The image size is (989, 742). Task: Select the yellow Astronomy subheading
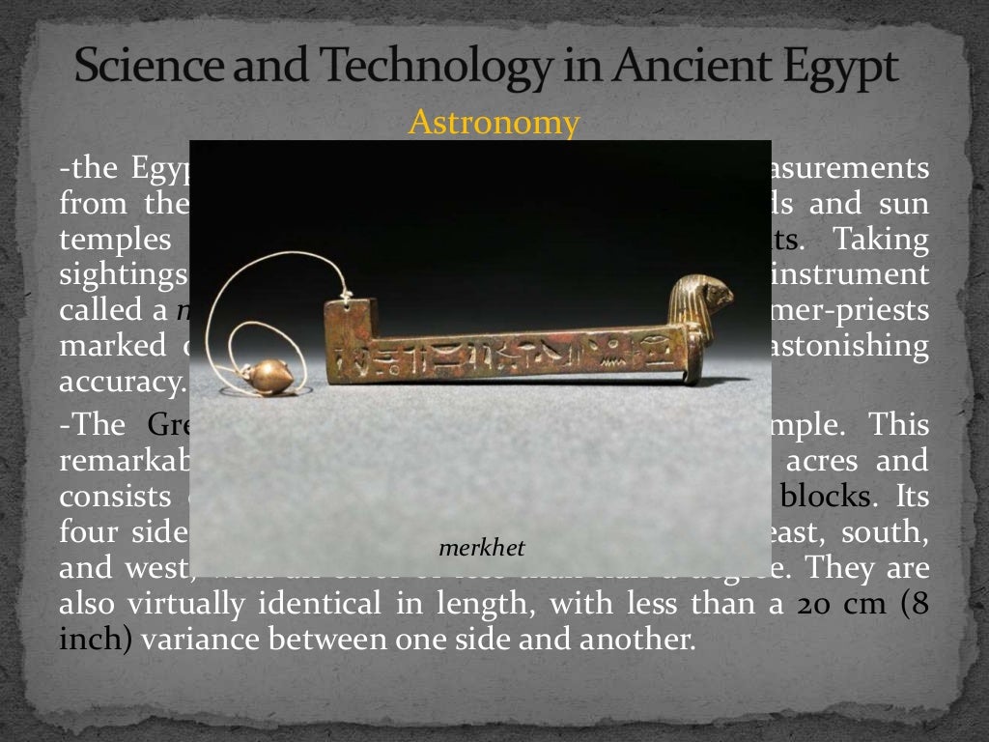click(494, 123)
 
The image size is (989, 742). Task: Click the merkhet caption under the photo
click(481, 549)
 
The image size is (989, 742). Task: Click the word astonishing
click(859, 346)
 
